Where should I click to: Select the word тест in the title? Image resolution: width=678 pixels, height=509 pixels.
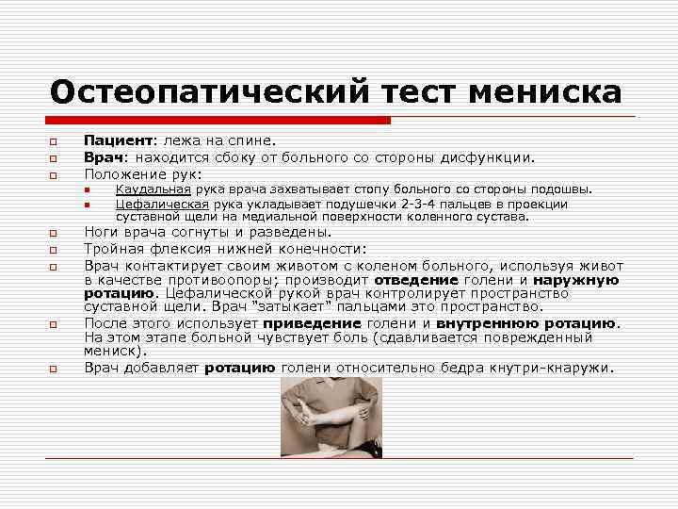pos(423,92)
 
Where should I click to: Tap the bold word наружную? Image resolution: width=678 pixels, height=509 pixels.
pos(575,280)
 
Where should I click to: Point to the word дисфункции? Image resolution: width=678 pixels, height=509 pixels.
pos(495,157)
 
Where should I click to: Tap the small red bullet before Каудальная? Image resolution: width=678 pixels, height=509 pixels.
pos(86,190)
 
